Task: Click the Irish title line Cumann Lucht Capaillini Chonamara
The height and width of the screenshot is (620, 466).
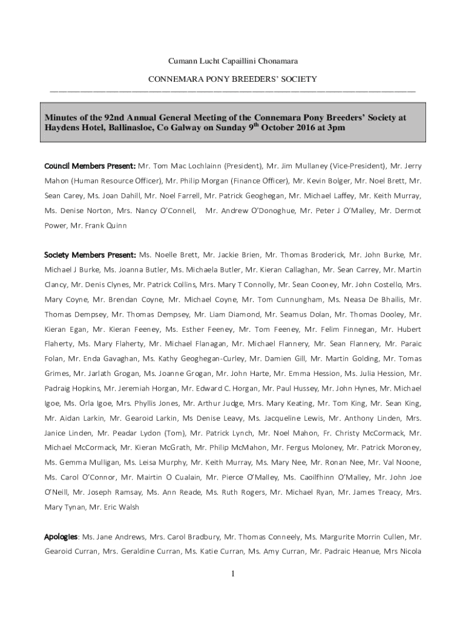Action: (232, 61)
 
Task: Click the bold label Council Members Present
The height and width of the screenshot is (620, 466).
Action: (90, 166)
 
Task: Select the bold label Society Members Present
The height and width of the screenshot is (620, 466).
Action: (91, 255)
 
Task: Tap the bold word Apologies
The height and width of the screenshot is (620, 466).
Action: (61, 536)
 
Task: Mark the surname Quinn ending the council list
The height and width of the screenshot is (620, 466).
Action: (116, 226)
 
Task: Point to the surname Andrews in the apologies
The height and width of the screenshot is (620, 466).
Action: (128, 536)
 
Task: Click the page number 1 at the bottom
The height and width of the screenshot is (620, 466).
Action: (232, 574)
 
